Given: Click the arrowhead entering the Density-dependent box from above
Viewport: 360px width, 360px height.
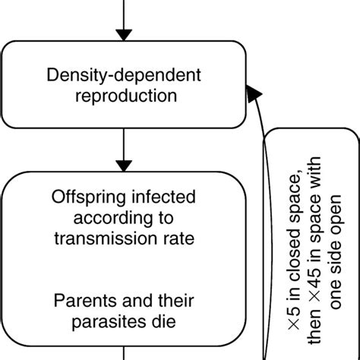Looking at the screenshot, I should pyautogui.click(x=122, y=33).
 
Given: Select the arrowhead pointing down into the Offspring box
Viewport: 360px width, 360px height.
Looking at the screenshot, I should pyautogui.click(x=122, y=165).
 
